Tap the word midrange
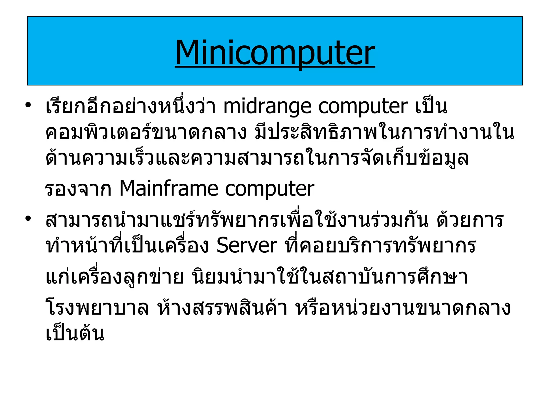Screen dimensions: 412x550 tap(267, 107)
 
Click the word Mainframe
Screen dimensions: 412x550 tap(169, 189)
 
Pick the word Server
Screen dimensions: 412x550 tap(247, 245)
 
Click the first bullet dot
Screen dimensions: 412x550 tap(28, 105)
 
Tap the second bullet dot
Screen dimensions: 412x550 tap(28, 218)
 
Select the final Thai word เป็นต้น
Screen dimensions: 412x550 tap(75, 333)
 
